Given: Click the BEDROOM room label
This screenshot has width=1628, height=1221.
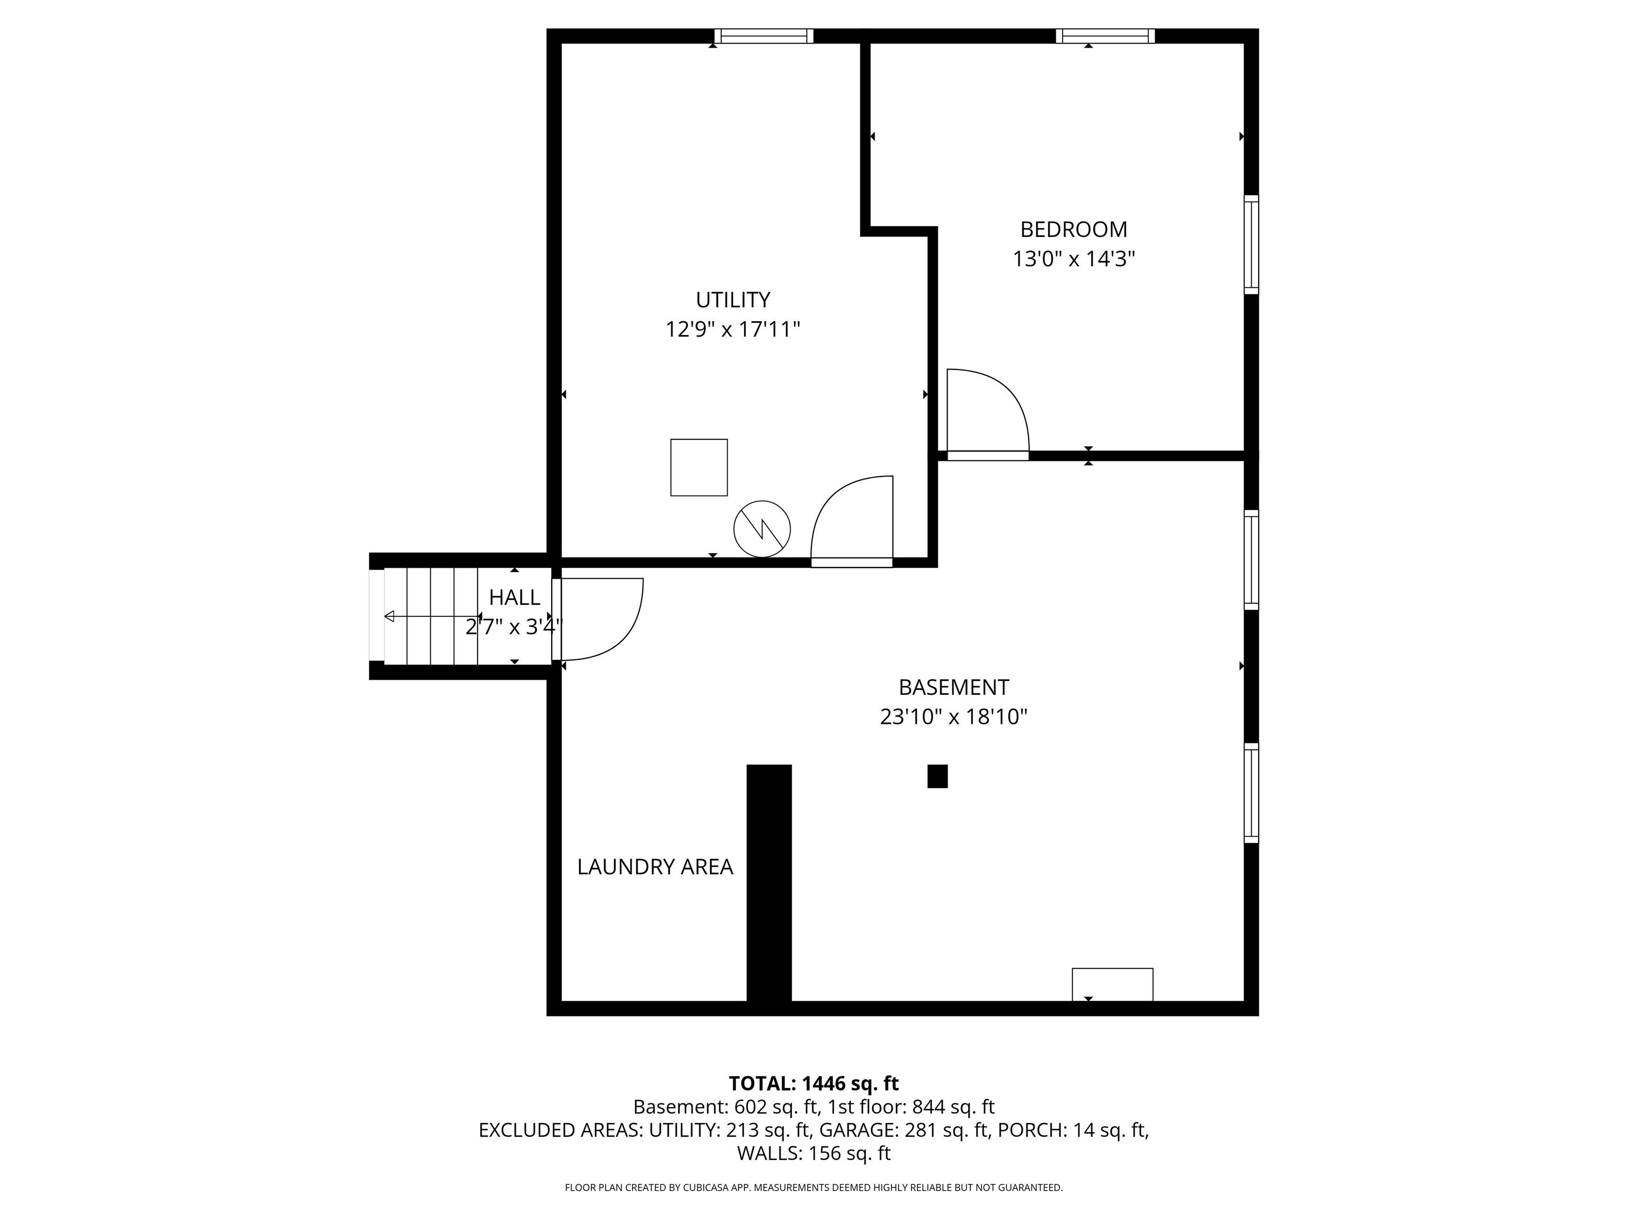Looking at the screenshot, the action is [1073, 229].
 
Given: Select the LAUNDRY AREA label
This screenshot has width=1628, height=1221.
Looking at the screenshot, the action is [655, 867].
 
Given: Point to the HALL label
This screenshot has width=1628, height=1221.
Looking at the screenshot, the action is [515, 597].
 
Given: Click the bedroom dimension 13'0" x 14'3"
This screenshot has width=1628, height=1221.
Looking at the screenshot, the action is [1074, 259].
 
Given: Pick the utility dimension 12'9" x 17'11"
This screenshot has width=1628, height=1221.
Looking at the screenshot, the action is [733, 329].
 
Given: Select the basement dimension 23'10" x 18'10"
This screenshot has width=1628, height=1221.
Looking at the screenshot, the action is [954, 717].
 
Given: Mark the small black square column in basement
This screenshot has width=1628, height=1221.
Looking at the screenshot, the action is [937, 776].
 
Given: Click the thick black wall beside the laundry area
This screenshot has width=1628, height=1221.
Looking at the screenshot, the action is [769, 883].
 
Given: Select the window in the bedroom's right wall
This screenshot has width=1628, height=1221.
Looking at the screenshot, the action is [1251, 244].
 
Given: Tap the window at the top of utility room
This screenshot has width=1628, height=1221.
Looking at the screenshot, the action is [764, 36].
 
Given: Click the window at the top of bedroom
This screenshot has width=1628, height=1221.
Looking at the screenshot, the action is [1105, 36].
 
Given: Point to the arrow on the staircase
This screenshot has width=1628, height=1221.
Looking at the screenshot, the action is [432, 616].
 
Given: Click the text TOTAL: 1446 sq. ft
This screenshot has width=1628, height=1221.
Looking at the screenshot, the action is [813, 1083].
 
